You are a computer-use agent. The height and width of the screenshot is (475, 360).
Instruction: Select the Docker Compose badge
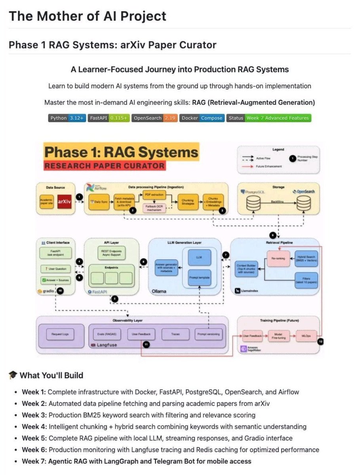(202, 118)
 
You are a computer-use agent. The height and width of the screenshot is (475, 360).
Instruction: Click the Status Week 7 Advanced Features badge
(269, 118)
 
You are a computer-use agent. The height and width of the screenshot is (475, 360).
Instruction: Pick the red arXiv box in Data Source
(64, 201)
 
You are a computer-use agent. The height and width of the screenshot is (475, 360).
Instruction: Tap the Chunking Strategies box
(188, 202)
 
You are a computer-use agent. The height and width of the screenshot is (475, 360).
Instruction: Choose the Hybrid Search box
(306, 258)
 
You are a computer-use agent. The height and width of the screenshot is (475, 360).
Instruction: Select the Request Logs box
(60, 334)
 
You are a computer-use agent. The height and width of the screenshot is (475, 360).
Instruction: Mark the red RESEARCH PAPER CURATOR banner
(105, 165)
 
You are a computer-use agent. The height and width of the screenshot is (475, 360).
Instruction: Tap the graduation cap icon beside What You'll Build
(13, 375)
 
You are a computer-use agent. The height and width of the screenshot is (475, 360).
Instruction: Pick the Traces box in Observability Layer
(175, 334)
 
